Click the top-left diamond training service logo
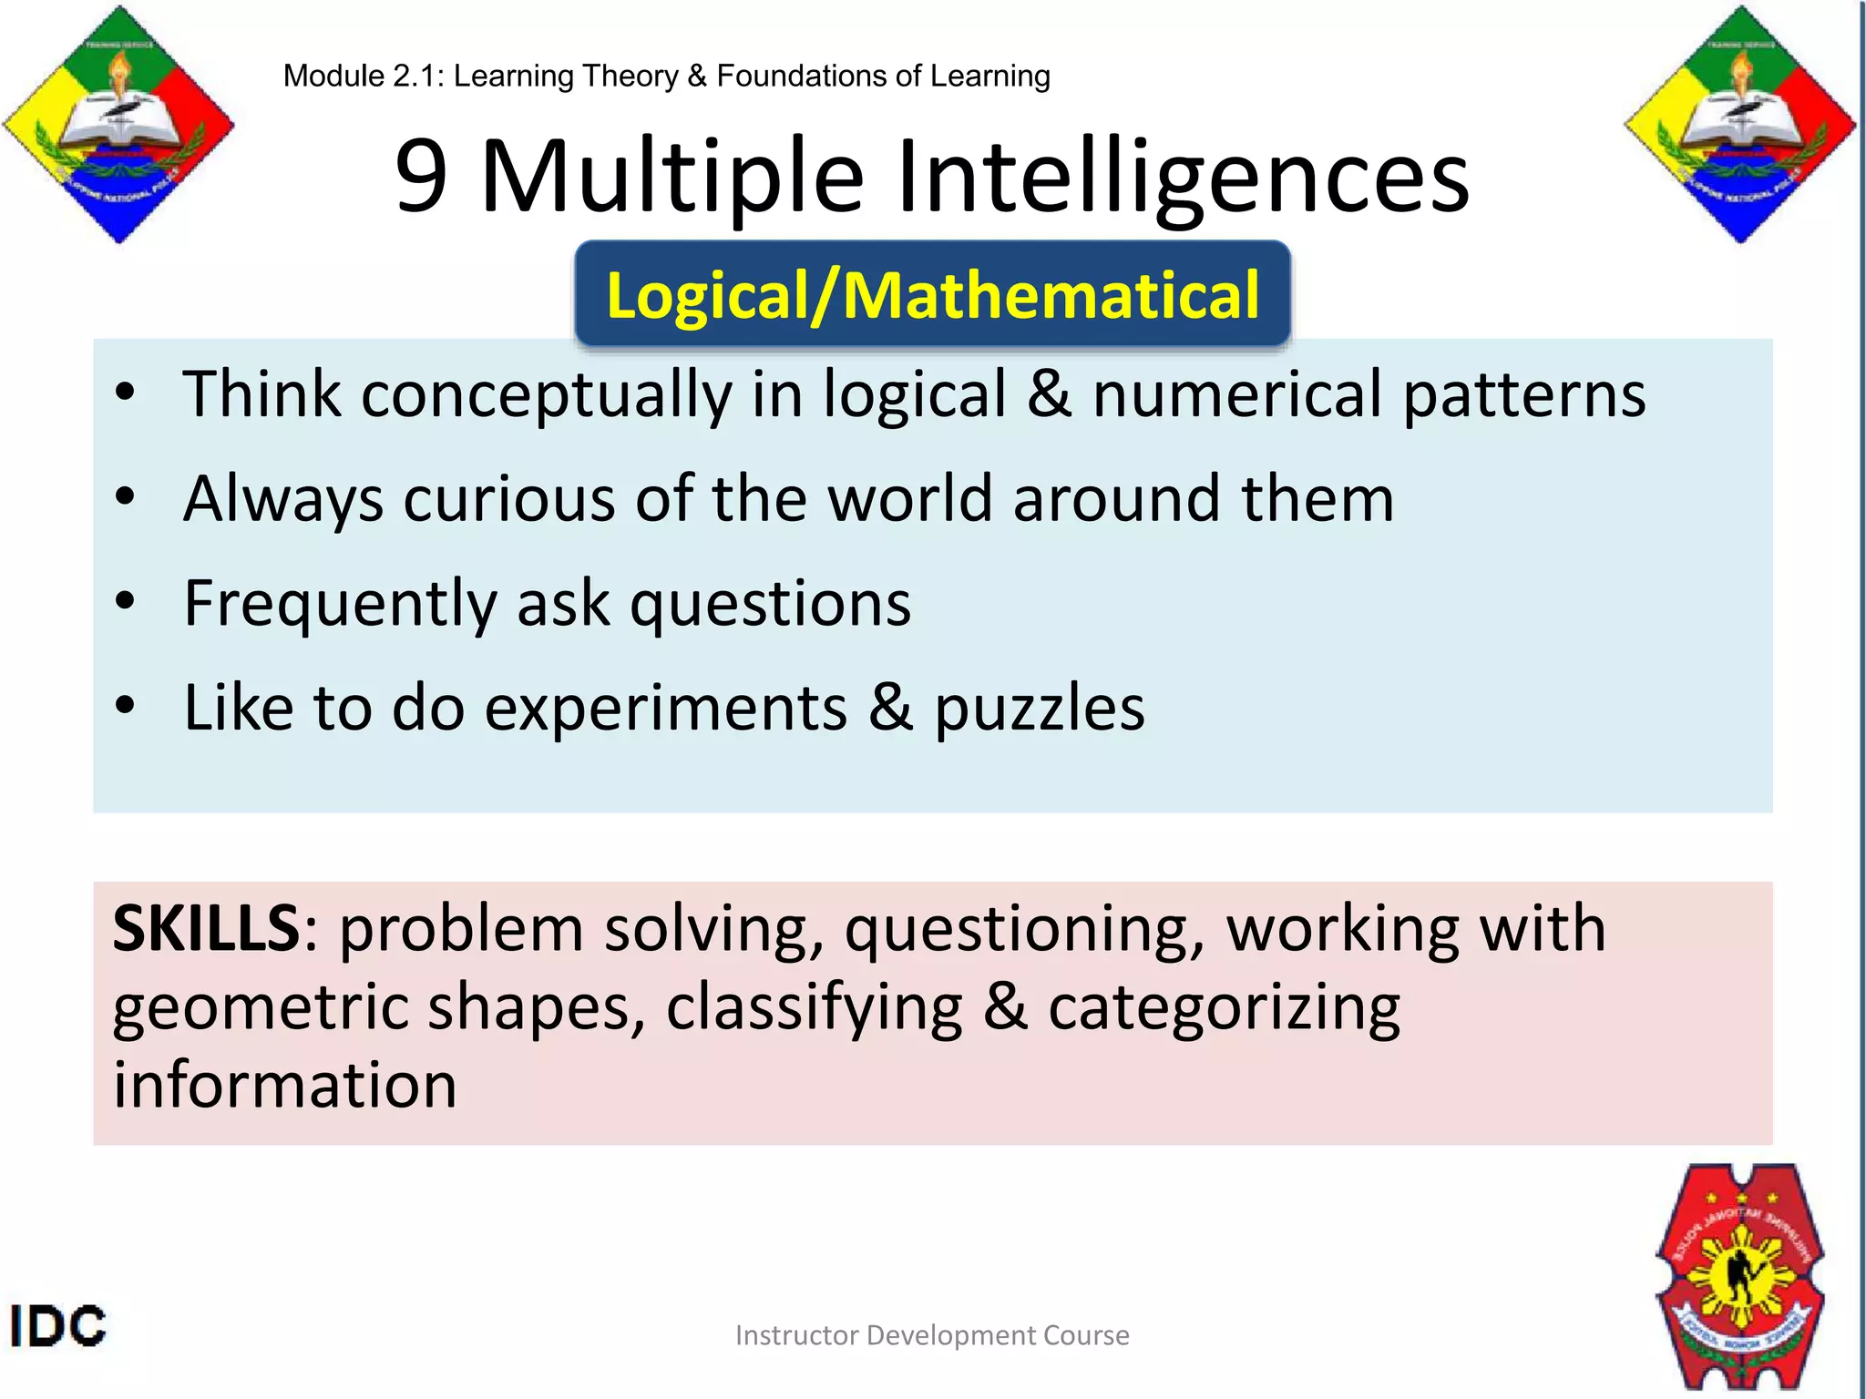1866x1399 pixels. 118,125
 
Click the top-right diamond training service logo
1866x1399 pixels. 1740,125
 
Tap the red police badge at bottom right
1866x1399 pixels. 1740,1275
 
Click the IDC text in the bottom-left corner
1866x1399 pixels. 58,1326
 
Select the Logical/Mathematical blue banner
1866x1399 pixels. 932,295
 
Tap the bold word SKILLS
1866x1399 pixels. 206,929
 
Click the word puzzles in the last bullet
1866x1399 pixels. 1040,709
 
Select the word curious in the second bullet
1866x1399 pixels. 509,499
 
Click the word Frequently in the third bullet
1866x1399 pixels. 340,605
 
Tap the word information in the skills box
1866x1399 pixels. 284,1086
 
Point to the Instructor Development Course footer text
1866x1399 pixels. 932,1335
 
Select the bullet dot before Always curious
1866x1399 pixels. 126,497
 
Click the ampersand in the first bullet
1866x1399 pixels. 1049,394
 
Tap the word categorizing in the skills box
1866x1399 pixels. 1224,1009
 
